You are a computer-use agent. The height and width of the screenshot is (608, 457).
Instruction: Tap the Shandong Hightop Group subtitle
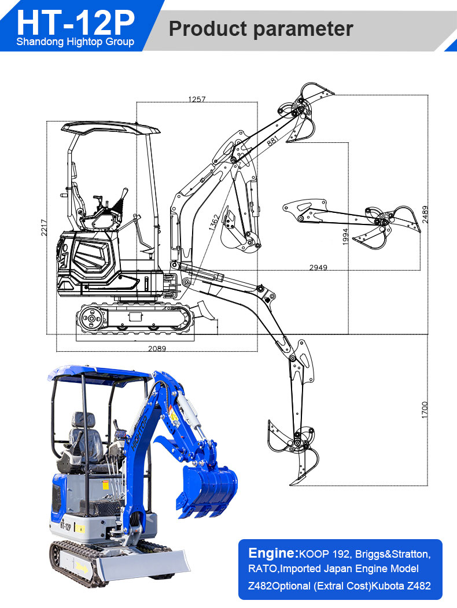coord(75,42)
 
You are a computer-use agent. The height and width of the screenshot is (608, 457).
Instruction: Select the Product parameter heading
coord(261,28)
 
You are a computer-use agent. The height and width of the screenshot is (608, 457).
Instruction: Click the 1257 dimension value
coord(197,100)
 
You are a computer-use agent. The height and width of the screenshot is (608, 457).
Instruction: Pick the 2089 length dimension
coord(157,348)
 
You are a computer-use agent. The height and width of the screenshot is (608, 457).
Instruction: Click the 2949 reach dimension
coord(318,267)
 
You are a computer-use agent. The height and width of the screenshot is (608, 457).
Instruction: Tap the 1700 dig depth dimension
coord(425,410)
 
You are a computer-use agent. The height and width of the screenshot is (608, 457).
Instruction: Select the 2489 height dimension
coord(425,215)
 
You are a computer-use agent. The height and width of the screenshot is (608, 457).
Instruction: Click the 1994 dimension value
coord(345,237)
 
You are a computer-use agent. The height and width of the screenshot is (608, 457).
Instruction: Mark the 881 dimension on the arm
coord(272,141)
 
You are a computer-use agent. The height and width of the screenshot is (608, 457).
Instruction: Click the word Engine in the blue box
coord(272,552)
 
